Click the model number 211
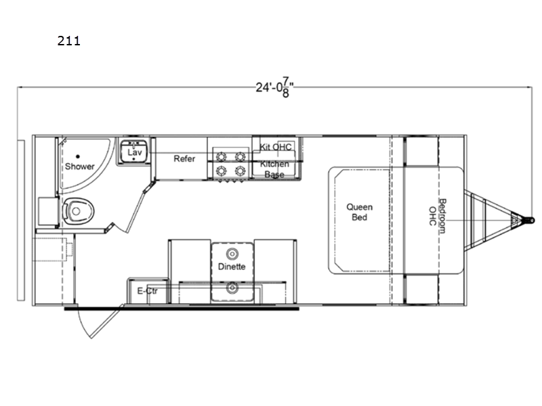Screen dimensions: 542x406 click(69, 41)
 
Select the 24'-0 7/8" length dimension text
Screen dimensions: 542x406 click(275, 87)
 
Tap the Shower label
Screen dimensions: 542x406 click(79, 166)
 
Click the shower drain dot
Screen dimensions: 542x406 click(78, 157)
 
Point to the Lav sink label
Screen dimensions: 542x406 click(134, 152)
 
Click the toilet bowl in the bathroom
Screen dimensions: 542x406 click(78, 211)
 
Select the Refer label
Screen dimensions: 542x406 click(184, 159)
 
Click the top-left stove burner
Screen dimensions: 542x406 click(222, 157)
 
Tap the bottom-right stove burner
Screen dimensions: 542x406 click(241, 171)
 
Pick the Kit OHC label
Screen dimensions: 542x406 click(276, 147)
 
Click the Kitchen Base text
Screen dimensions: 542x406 click(274, 169)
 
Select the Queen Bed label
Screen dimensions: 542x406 click(360, 212)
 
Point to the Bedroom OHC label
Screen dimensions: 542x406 click(437, 216)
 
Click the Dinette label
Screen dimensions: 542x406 click(232, 267)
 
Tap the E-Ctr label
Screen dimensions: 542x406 click(147, 291)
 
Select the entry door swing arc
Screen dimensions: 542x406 click(82, 324)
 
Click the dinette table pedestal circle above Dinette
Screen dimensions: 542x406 click(232, 254)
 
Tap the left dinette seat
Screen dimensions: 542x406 click(190, 271)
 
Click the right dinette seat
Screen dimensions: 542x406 click(275, 271)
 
